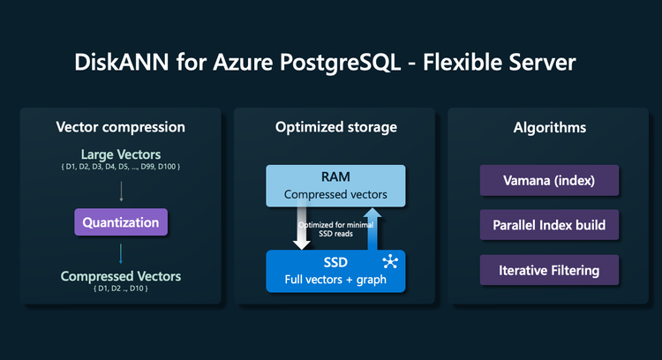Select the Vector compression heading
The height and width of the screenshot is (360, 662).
[x=121, y=127]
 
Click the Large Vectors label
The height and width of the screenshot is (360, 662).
[x=121, y=154]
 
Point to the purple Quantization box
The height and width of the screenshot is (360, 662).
[x=121, y=223]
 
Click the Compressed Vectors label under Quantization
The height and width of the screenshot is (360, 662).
[x=121, y=276]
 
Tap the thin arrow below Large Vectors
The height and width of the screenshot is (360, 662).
[x=121, y=191]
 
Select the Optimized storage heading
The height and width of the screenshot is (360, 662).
[x=335, y=127]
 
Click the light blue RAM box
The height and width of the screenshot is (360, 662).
[x=335, y=184]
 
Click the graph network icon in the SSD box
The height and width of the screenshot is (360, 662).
[x=390, y=263]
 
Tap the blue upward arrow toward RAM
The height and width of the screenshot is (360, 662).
[x=373, y=229]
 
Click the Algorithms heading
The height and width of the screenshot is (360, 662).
[x=549, y=127]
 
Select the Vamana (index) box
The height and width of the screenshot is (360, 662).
[x=549, y=181]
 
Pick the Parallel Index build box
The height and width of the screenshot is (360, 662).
[x=549, y=225]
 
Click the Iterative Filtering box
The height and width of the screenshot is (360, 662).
[x=549, y=270]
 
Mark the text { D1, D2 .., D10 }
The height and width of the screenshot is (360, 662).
[x=121, y=289]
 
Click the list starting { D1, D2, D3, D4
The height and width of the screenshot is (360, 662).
[x=121, y=168]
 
